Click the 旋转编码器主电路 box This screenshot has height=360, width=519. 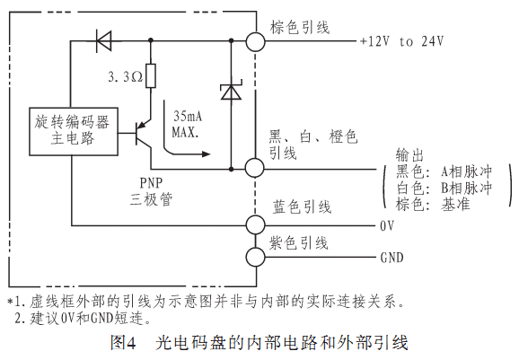tap(74, 131)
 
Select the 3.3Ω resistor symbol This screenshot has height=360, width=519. tap(151, 75)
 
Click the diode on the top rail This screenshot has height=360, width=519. tap(103, 41)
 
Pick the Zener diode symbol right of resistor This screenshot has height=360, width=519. tap(231, 90)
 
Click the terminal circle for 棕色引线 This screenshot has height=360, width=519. tap(255, 41)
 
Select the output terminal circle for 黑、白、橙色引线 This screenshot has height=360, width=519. tap(254, 168)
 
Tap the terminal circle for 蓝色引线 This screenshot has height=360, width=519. tap(255, 225)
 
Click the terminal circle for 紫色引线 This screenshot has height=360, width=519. tap(255, 257)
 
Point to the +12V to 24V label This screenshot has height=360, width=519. tap(401, 41)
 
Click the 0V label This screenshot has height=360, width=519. tap(387, 225)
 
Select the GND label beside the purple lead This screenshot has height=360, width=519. tap(391, 257)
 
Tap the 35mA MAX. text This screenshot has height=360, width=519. tap(187, 124)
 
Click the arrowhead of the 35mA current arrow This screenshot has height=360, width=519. tap(206, 154)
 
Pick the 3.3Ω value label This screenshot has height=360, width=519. tap(126, 77)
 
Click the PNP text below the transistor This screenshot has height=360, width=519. tap(151, 182)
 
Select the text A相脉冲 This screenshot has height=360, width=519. tap(466, 171)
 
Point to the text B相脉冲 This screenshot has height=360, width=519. tap(466, 188)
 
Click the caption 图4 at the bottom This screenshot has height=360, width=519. tap(123, 343)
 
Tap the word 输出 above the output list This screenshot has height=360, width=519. tap(409, 154)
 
